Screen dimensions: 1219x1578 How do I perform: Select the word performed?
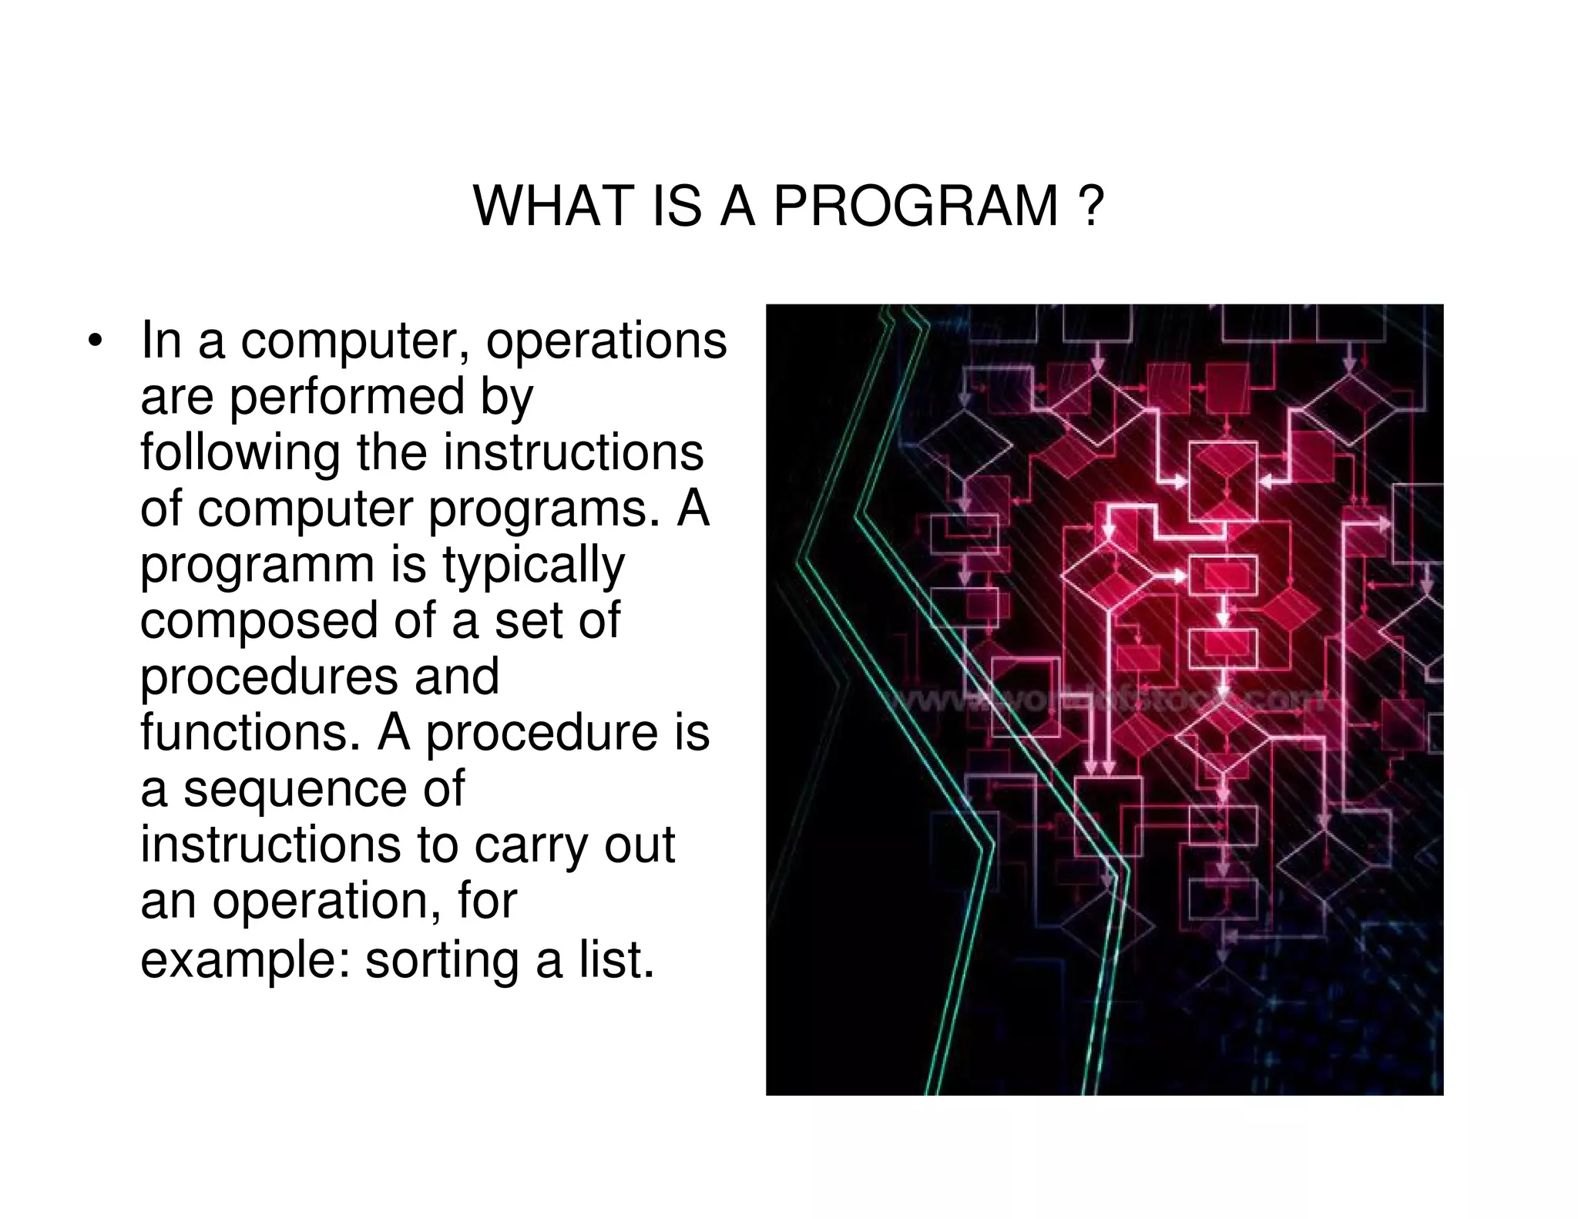click(347, 397)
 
